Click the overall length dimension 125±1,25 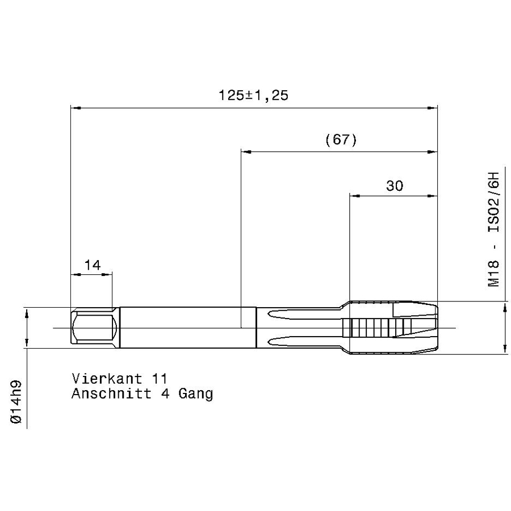click(253, 95)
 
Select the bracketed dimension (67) click(341, 140)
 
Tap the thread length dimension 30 click(395, 186)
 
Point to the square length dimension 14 click(93, 265)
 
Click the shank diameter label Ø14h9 click(16, 402)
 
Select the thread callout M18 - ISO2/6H click(493, 229)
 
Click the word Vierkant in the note click(107, 379)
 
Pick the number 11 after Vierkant click(160, 379)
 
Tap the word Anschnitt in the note click(111, 393)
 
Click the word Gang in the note click(195, 394)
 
